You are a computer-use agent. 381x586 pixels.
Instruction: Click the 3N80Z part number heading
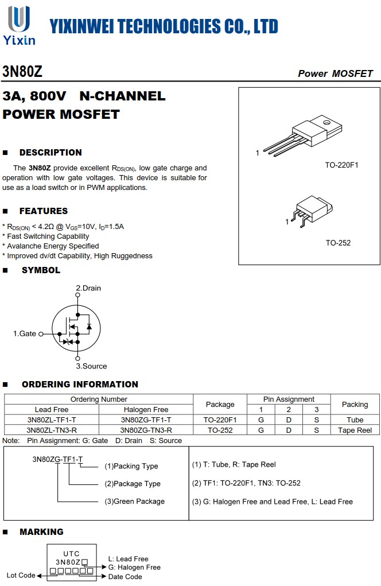tap(22, 72)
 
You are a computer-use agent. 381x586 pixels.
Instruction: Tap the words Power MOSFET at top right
tap(335, 73)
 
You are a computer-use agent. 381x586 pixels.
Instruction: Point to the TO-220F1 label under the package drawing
tap(341, 165)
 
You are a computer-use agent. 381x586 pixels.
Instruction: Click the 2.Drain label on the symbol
tap(88, 288)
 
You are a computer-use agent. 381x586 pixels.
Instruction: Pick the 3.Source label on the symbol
tap(91, 366)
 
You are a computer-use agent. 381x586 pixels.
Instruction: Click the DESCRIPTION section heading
tap(50, 153)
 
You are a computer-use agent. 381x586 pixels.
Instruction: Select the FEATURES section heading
tap(44, 211)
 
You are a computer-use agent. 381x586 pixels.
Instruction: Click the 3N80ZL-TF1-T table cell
tap(51, 420)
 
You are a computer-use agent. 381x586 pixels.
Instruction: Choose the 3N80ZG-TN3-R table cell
tap(146, 430)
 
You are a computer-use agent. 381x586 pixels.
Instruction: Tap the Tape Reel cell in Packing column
tap(355, 430)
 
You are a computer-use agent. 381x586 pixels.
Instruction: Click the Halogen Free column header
tap(146, 409)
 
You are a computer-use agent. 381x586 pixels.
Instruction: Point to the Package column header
tap(220, 404)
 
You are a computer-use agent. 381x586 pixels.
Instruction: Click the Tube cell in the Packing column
tap(355, 420)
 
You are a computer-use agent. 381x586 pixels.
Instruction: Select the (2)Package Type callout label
tap(133, 484)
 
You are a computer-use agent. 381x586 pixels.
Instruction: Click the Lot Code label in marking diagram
tap(21, 575)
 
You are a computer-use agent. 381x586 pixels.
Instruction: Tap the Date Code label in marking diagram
tap(125, 577)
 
